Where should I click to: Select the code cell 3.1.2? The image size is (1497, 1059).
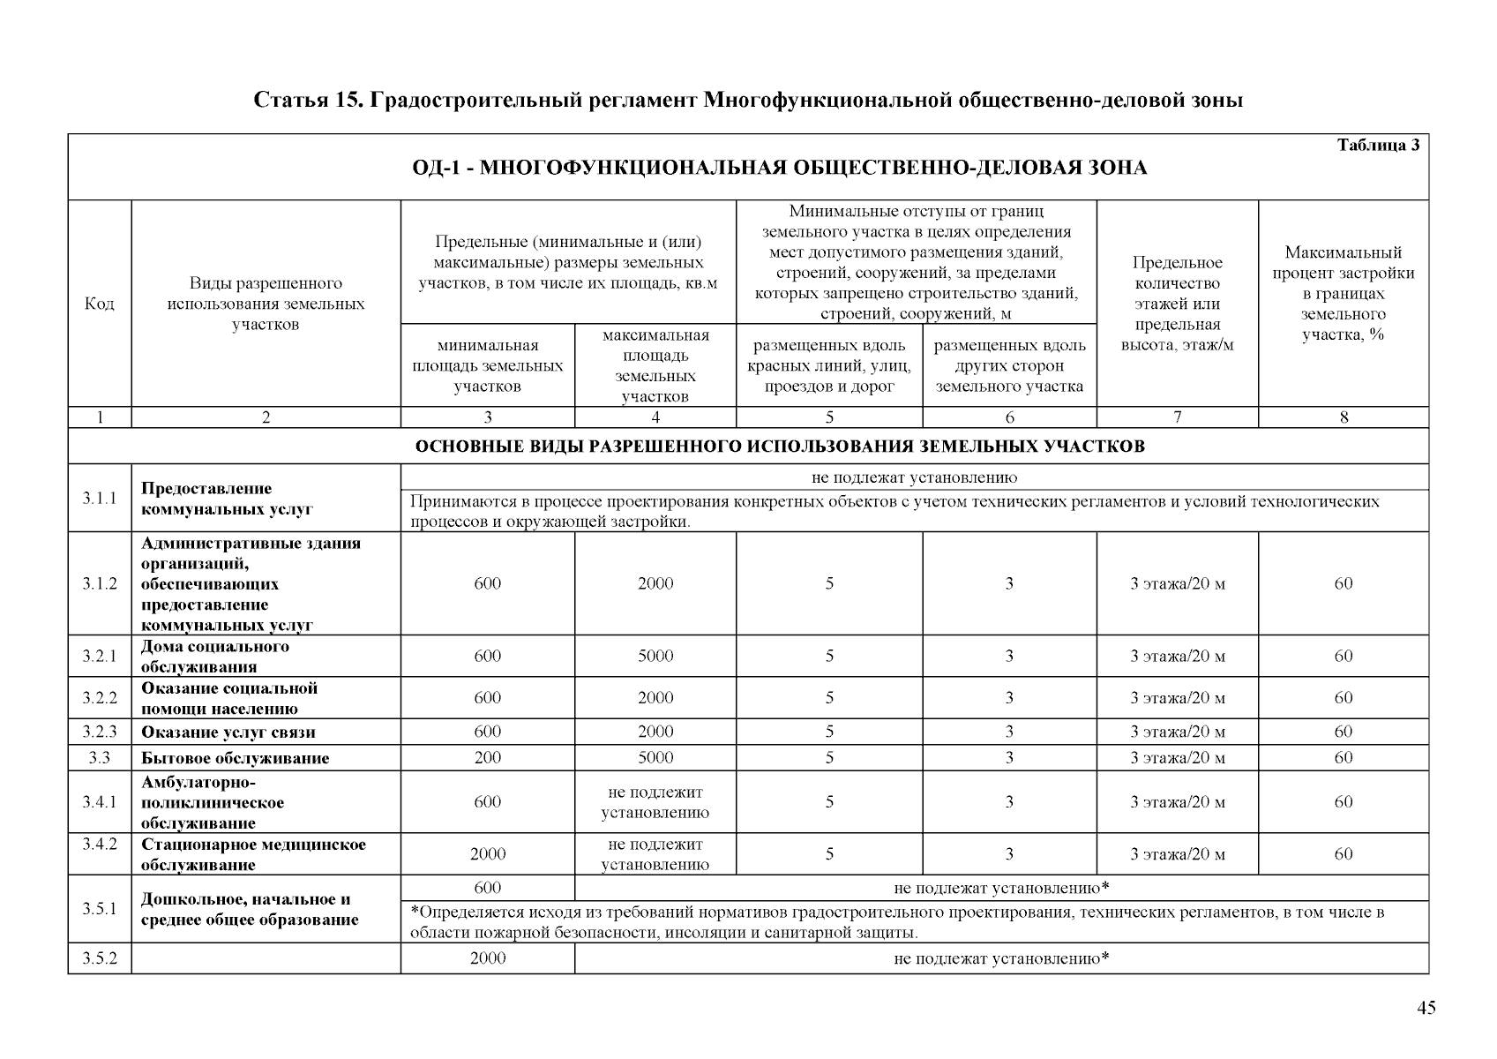pyautogui.click(x=100, y=583)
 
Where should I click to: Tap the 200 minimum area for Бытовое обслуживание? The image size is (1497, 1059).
pyautogui.click(x=487, y=757)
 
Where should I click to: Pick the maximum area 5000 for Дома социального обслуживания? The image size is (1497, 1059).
pyautogui.click(x=655, y=656)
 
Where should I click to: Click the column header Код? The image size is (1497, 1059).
pyautogui.click(x=100, y=304)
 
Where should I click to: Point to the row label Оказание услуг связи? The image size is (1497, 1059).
pyautogui.click(x=228, y=732)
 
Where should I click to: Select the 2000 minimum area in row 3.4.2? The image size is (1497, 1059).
pyautogui.click(x=487, y=853)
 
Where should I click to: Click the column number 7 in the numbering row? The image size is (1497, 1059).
pyautogui.click(x=1177, y=417)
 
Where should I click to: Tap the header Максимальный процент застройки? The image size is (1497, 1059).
pyautogui.click(x=1343, y=294)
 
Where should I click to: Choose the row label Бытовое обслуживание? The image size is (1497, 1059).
pyautogui.click(x=235, y=758)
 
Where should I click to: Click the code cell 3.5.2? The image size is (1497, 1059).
pyautogui.click(x=100, y=958)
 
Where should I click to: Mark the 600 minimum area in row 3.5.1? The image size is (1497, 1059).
pyautogui.click(x=487, y=888)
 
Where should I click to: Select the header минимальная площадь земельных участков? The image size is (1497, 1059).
pyautogui.click(x=487, y=365)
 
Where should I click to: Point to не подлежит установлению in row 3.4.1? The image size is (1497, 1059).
pyautogui.click(x=655, y=802)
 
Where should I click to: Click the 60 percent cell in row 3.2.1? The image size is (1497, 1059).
pyautogui.click(x=1343, y=656)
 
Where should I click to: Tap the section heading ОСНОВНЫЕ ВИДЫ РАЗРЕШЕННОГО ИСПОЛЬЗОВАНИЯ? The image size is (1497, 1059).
pyautogui.click(x=780, y=447)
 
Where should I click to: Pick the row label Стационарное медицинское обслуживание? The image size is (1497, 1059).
pyautogui.click(x=253, y=854)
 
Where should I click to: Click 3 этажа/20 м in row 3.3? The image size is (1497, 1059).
pyautogui.click(x=1177, y=758)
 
